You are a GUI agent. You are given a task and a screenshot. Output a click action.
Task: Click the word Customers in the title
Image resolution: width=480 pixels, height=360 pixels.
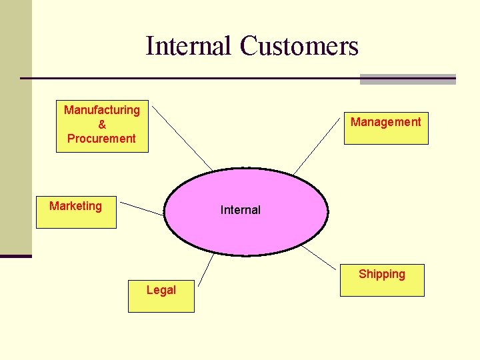[299, 46]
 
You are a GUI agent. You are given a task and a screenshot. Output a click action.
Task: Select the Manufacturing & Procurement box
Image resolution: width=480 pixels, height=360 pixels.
[102, 127]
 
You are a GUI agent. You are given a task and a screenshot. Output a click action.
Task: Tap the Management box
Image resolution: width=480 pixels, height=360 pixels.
[386, 128]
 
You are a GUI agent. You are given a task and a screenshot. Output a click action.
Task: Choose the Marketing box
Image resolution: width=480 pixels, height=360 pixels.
[76, 213]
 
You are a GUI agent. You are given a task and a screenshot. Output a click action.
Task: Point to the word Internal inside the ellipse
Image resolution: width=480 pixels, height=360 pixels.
[241, 210]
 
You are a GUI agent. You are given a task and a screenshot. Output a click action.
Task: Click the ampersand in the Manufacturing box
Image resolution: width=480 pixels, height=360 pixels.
[102, 125]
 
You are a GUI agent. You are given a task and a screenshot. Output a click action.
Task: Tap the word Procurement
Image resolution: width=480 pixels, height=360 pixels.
[101, 139]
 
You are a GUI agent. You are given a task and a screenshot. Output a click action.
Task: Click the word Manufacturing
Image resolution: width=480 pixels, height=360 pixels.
[102, 110]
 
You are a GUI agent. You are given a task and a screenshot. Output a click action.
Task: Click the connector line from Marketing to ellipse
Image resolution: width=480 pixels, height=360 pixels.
[141, 209]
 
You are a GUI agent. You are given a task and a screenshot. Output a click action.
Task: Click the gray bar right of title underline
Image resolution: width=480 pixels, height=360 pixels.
[407, 79]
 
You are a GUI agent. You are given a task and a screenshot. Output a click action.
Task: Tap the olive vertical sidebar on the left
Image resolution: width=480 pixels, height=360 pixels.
[15, 127]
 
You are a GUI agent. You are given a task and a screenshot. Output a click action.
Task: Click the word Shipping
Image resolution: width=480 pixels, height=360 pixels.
[382, 274]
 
